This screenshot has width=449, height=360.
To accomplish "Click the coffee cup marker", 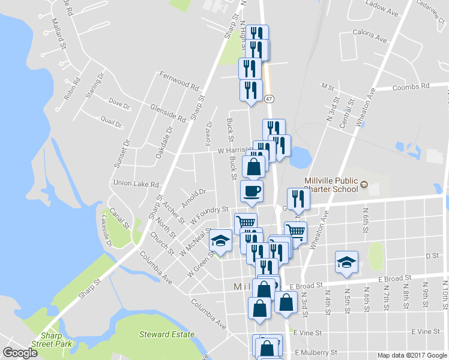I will point(252,191).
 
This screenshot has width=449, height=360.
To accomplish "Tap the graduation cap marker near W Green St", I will point(221,241).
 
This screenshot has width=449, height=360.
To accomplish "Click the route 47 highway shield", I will point(269,98).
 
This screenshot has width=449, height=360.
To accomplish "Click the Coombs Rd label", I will point(411,87).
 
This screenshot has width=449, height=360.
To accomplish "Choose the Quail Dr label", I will point(112,122).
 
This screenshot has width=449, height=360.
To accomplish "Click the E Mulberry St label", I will point(316,352).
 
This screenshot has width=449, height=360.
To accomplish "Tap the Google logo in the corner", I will point(20,353).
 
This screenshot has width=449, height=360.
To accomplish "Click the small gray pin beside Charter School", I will point(363,188).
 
